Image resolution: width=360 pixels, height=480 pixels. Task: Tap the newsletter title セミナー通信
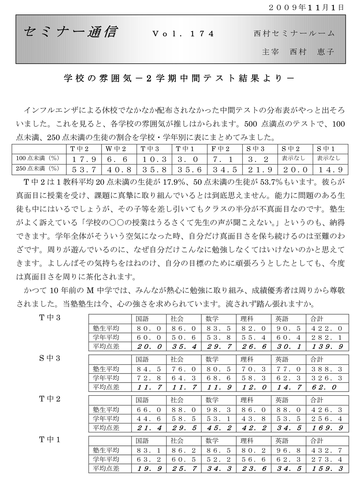click(71, 32)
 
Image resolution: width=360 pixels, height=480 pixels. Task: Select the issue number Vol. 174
click(183, 34)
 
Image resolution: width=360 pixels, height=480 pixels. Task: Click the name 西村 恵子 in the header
click(312, 52)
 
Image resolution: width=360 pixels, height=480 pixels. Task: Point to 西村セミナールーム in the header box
click(294, 33)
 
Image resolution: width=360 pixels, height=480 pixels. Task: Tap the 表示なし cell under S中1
click(328, 158)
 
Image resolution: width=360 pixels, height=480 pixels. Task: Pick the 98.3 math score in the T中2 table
click(218, 409)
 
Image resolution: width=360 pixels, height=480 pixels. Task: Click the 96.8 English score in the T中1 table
click(288, 450)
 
